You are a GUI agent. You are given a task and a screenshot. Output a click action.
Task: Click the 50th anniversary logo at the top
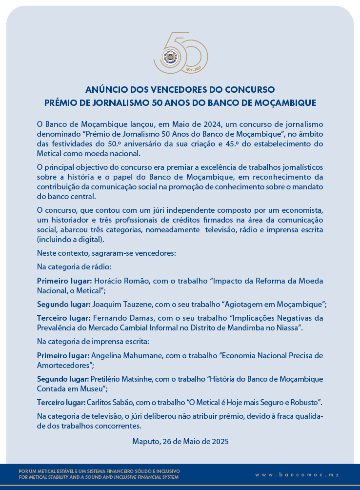click(180, 53)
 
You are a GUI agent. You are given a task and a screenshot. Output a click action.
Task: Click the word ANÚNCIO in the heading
click(105, 90)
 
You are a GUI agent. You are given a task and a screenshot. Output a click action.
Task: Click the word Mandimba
click(241, 327)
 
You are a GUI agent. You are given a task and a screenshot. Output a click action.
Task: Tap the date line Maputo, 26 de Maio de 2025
click(180, 442)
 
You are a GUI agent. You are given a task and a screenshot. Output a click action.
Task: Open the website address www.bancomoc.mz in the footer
click(297, 474)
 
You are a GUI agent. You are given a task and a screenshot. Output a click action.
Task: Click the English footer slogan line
click(99, 477)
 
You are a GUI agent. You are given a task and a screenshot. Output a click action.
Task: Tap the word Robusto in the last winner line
click(304, 403)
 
